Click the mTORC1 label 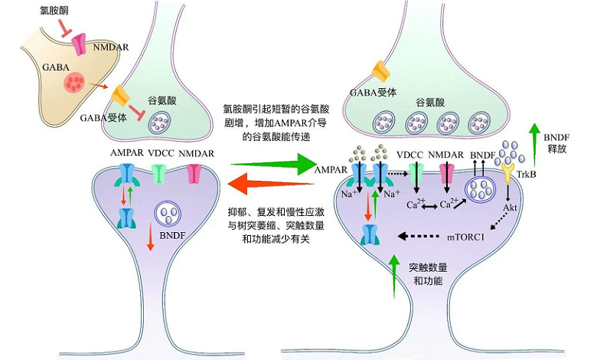point(465,237)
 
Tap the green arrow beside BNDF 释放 point(533,139)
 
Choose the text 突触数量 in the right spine point(429,268)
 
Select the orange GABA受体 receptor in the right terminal point(380,73)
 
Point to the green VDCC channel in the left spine point(158,175)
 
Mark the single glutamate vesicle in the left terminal point(161,119)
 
